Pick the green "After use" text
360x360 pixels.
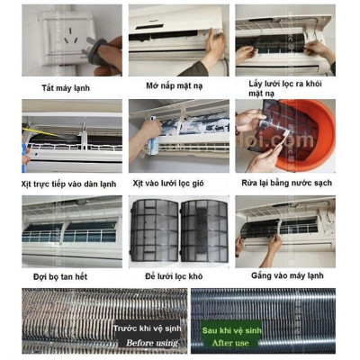(229, 342)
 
